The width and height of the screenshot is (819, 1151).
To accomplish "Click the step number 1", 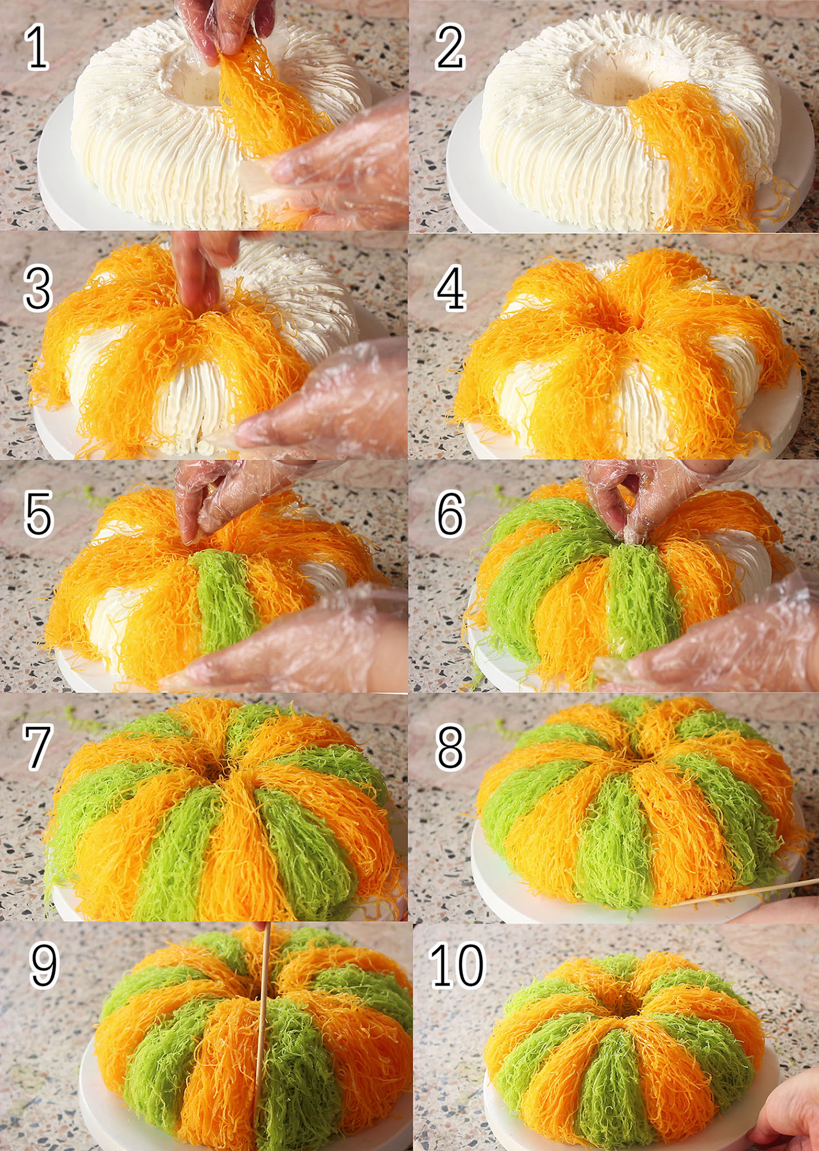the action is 37,48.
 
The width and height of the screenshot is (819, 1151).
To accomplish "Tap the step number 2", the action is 450,48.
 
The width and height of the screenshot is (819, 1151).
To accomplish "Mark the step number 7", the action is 39,747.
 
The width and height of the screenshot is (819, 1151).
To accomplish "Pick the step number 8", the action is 451,747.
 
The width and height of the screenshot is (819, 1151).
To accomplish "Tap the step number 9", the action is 44,964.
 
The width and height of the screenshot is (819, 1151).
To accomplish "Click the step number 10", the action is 457,964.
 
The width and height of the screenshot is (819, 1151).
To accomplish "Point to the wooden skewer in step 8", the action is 748,891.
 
